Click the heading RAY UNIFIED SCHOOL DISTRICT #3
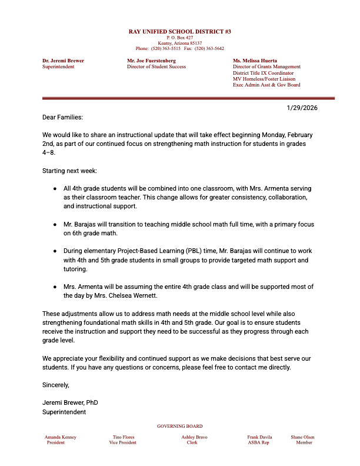(180, 31)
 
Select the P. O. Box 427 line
(180, 37)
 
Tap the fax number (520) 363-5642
(211, 49)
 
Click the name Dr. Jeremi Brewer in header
(63, 61)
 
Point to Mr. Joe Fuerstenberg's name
(152, 61)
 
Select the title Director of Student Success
(156, 66)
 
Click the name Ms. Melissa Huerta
(255, 61)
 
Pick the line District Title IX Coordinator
(263, 73)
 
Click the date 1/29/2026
(302, 108)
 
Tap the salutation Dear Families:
(63, 118)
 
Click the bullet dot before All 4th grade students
(55, 189)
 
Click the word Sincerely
(56, 385)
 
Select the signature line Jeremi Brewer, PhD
(70, 402)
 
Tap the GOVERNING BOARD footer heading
(180, 426)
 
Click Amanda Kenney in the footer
(61, 437)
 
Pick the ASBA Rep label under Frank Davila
(258, 442)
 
